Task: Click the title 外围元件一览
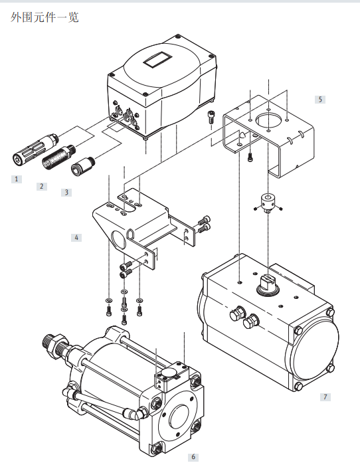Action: (45, 17)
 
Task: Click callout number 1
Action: (17, 179)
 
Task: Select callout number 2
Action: (42, 187)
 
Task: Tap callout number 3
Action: (66, 193)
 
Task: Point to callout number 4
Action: (76, 238)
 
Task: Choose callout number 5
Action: (320, 99)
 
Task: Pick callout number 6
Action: (193, 457)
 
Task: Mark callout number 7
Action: (325, 397)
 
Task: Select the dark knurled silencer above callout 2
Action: (58, 157)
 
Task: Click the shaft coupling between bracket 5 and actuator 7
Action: (268, 203)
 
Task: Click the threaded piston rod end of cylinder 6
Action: (55, 343)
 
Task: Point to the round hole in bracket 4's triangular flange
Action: (119, 238)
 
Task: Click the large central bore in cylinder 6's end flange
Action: (179, 417)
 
